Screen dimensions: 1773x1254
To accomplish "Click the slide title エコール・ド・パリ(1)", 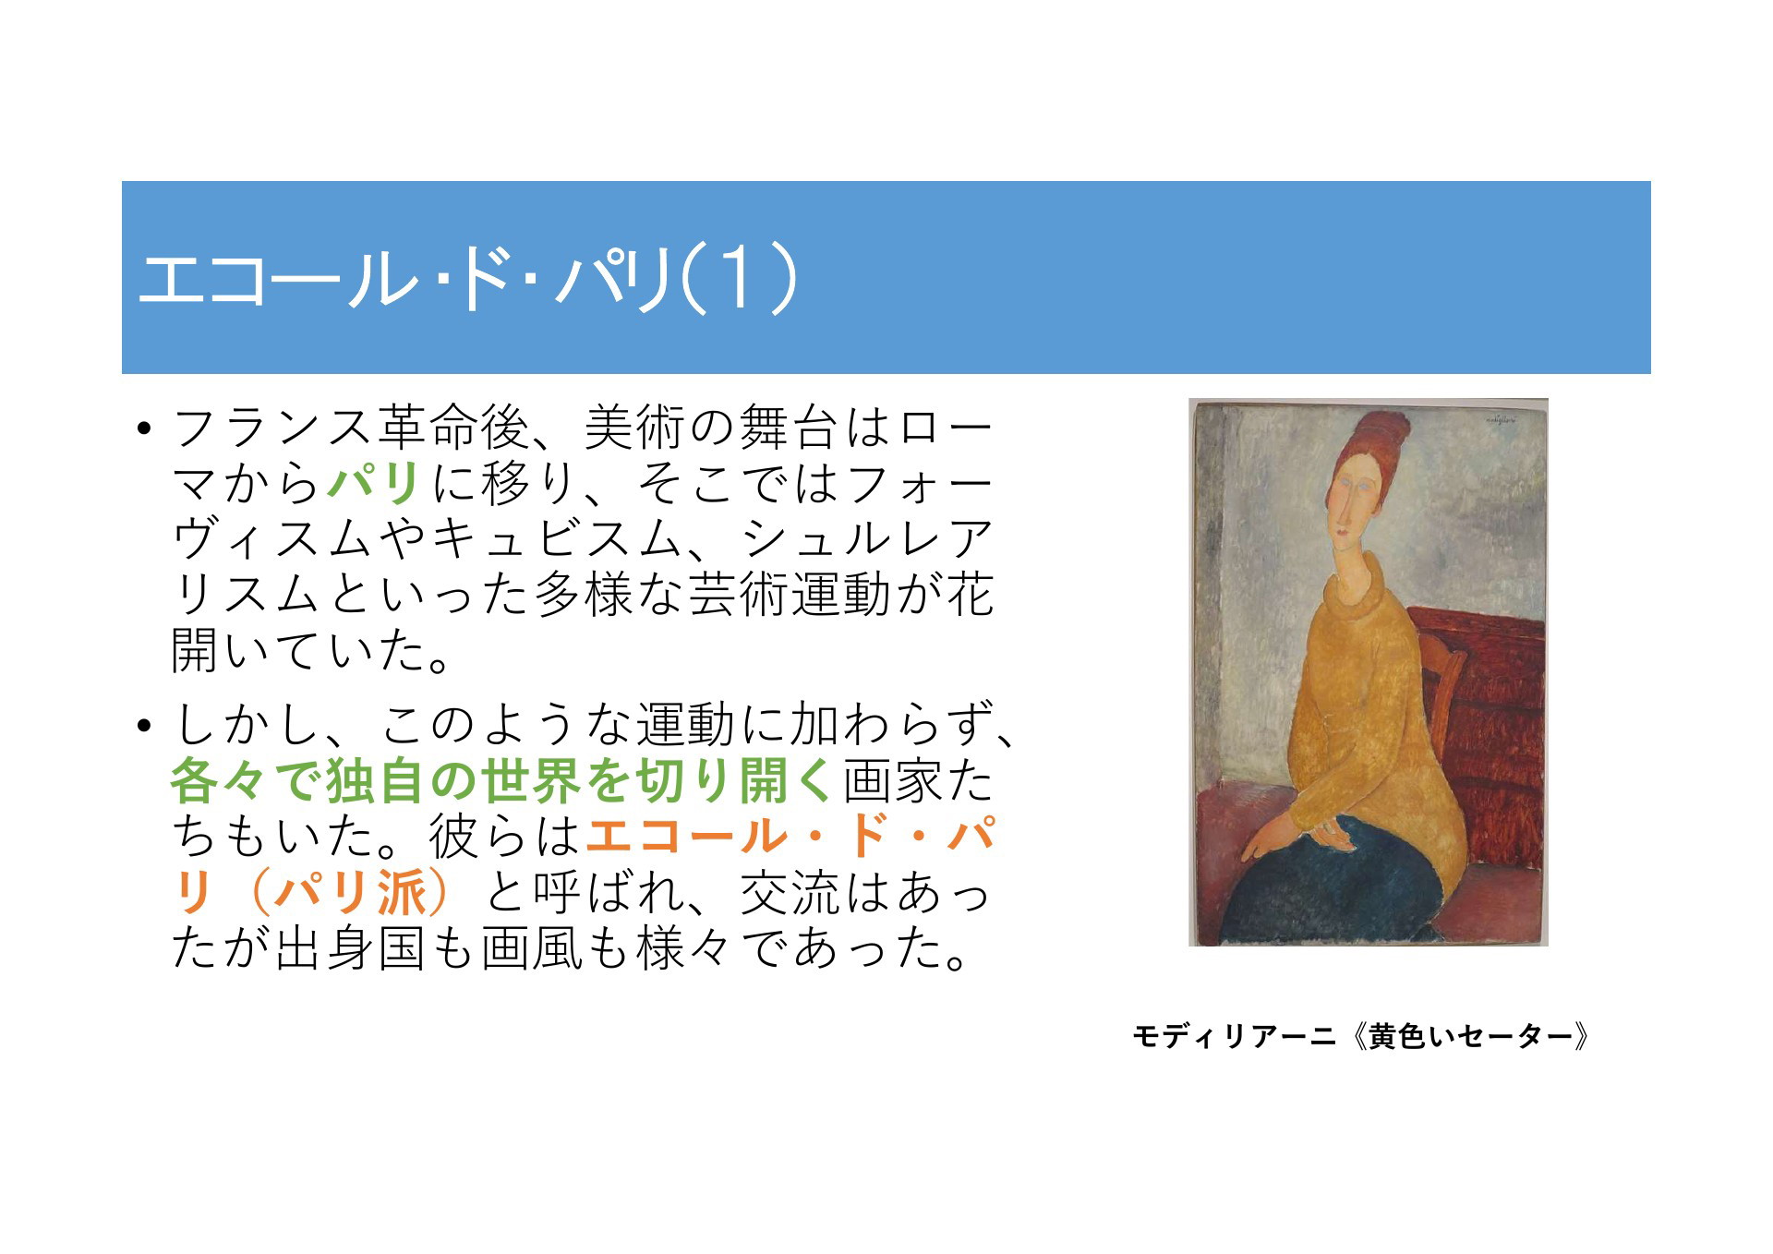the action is (467, 278).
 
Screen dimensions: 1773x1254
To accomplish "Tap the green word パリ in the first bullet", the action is (375, 483).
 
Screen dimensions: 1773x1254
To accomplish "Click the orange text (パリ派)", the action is (351, 893).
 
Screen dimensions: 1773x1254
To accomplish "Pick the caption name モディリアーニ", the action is (1234, 1036).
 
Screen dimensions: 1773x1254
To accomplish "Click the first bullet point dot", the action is (142, 428).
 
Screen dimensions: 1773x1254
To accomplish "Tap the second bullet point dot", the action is (142, 726).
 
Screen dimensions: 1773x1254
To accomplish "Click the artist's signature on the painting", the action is (1501, 420).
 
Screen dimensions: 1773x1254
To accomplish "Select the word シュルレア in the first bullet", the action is (868, 539).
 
